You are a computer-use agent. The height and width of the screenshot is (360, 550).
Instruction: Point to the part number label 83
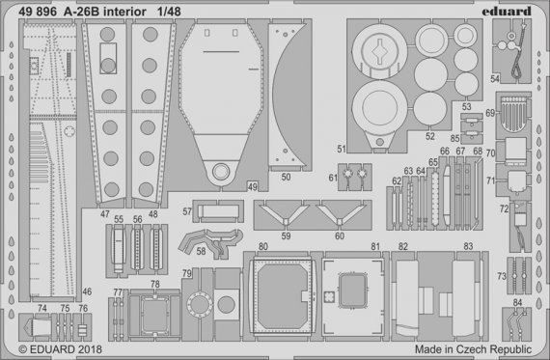click(x=467, y=248)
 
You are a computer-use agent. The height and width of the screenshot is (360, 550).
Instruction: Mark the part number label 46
click(x=86, y=291)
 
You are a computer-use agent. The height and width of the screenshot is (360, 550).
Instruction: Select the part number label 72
click(x=504, y=208)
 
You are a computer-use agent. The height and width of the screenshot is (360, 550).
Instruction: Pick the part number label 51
click(x=343, y=149)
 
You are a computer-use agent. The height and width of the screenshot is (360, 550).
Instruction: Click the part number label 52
click(x=429, y=136)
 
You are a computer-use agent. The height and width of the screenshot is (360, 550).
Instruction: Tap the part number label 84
click(x=517, y=302)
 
